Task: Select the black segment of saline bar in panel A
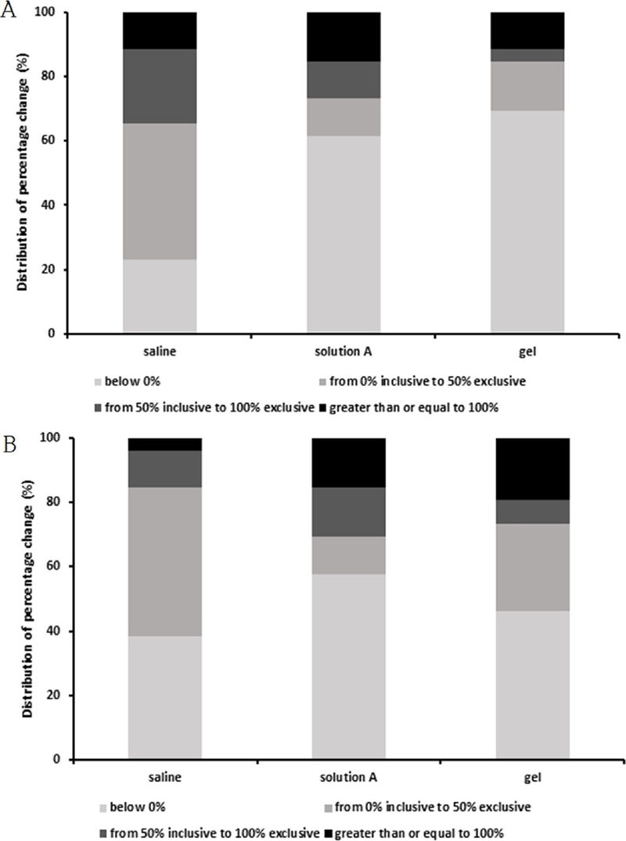160,30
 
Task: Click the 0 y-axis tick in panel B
57,759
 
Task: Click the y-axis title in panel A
23,174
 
